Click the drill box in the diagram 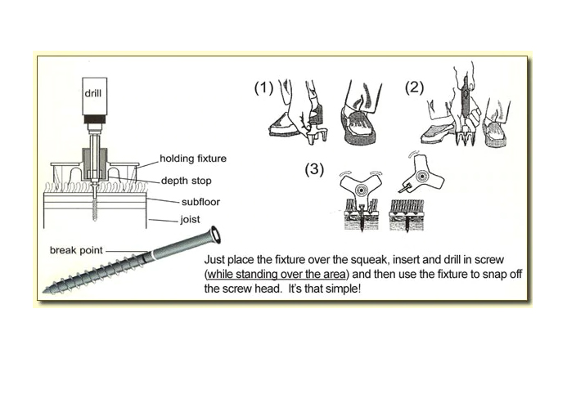click(95, 96)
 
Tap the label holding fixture click(193, 159)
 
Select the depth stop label click(187, 181)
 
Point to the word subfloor click(200, 202)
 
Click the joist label click(190, 219)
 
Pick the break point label click(76, 250)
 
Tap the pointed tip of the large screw click(45, 291)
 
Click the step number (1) click(263, 88)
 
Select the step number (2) click(414, 87)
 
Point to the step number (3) click(314, 169)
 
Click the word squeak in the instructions click(369, 260)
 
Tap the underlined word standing click(256, 274)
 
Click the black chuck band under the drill click(95, 119)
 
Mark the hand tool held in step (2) click(465, 110)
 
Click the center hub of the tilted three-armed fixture click(421, 177)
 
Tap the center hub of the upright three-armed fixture click(361, 190)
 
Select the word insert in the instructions click(406, 260)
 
